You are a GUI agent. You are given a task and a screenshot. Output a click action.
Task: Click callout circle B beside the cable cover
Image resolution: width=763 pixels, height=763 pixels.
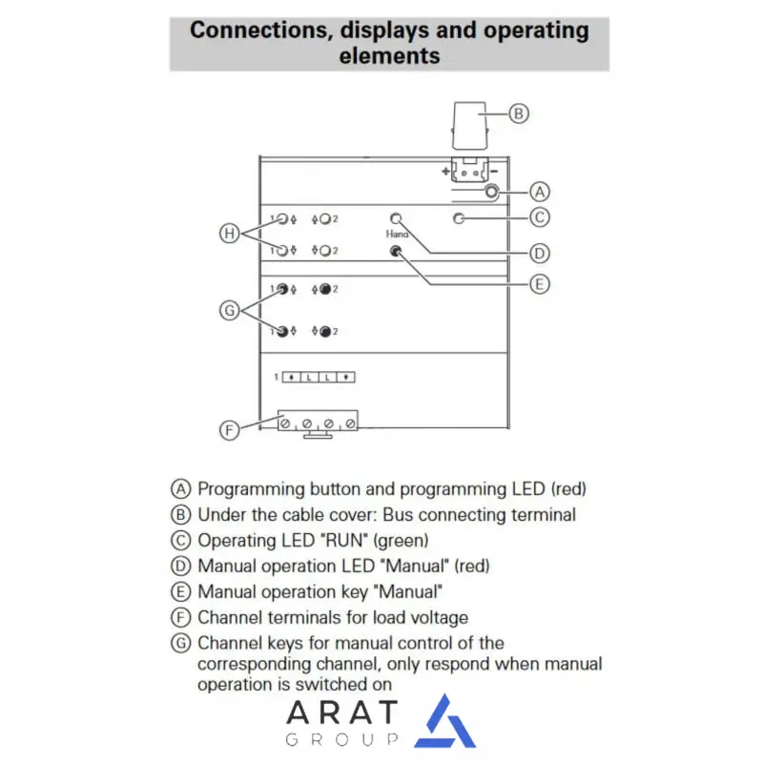518,113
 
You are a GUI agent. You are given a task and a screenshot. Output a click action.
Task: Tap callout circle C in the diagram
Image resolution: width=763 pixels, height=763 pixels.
540,217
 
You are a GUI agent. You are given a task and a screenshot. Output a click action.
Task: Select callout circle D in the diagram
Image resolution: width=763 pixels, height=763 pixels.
540,253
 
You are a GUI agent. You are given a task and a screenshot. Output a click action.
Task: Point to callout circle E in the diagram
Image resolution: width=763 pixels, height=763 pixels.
540,283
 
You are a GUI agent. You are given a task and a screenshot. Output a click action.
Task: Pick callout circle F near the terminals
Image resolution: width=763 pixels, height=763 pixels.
229,430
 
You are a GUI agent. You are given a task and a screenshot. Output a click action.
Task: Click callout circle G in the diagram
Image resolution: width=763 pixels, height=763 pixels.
228,310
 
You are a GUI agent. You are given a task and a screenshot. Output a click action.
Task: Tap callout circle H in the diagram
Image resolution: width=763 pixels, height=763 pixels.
228,232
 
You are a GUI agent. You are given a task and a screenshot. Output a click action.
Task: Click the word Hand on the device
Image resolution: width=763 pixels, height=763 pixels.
397,234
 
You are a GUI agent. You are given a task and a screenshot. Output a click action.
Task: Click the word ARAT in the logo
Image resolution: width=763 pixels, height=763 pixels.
341,712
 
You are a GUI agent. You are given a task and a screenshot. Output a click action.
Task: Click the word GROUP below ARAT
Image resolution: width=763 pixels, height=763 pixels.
341,740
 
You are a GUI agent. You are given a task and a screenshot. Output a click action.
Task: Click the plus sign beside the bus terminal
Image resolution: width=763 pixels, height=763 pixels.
445,172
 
